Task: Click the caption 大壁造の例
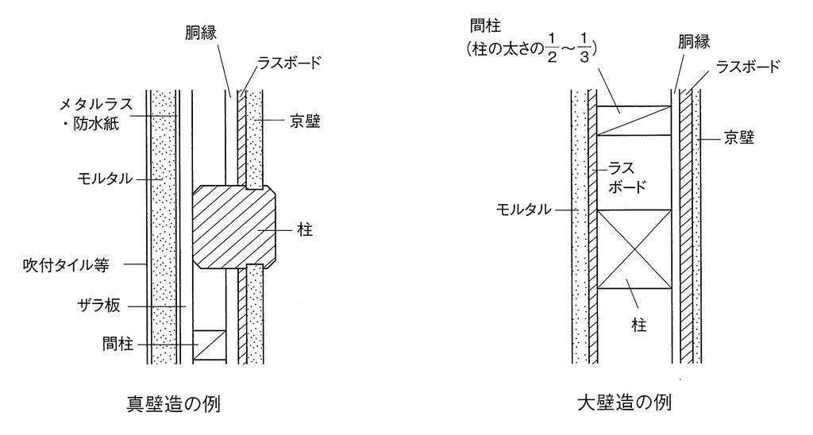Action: point(625,402)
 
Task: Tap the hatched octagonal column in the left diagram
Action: point(235,227)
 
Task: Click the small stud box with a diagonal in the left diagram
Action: point(209,345)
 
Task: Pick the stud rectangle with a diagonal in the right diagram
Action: point(634,121)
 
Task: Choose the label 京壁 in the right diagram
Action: point(738,137)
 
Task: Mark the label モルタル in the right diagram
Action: point(524,210)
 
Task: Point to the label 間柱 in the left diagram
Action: point(117,345)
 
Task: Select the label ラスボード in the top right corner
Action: point(749,67)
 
